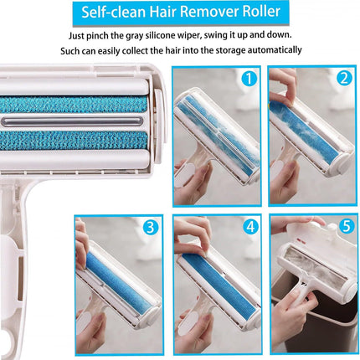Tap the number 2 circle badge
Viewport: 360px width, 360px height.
[343, 80]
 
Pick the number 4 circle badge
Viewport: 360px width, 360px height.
[249, 227]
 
